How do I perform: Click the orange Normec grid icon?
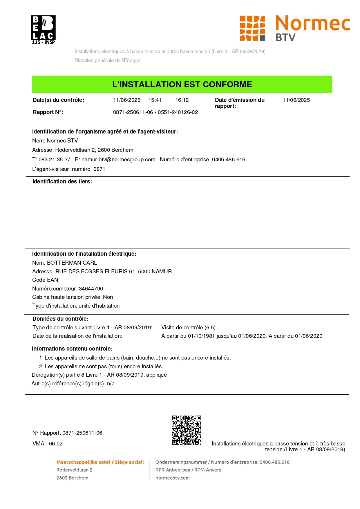pos(252,28)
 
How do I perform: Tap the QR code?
pos(187,430)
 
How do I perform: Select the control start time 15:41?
pos(155,100)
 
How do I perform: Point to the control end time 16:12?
pos(182,100)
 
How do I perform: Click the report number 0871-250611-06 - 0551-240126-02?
pos(155,112)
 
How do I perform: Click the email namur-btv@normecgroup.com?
pos(118,160)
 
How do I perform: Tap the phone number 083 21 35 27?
pos(54,160)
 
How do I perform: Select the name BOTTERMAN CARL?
pos(72,263)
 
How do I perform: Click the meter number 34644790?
pos(91,289)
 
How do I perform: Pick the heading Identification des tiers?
pos(62,182)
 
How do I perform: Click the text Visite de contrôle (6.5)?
pos(188,328)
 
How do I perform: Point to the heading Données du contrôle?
pos(60,319)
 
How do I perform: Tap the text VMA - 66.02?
pos(48,444)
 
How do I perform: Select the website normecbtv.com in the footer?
pos(172,478)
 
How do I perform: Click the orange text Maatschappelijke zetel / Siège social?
pos(100,462)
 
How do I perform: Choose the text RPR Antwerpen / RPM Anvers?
pos(188,470)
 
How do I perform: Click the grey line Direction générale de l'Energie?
pos(107,61)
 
